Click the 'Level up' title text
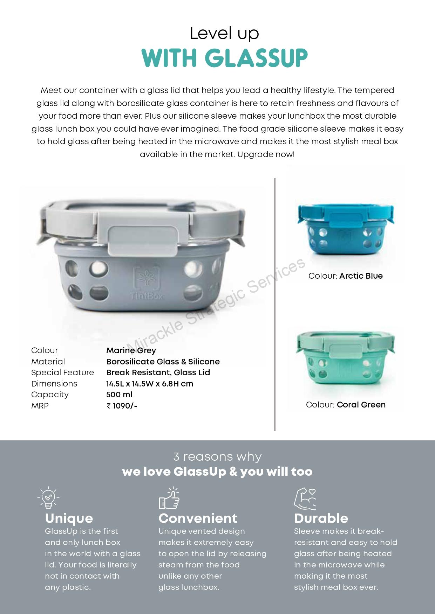pos(224,34)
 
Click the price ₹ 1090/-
pos(122,406)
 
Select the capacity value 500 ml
pos(119,395)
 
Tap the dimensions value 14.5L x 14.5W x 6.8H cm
pos(150,384)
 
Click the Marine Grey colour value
pos(131,350)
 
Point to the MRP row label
pos(40,406)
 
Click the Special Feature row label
pos(62,372)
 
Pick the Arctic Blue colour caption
pos(345,276)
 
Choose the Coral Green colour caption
pos(345,405)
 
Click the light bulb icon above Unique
pos(48,497)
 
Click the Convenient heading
pos(198,518)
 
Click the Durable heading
pos(321,518)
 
